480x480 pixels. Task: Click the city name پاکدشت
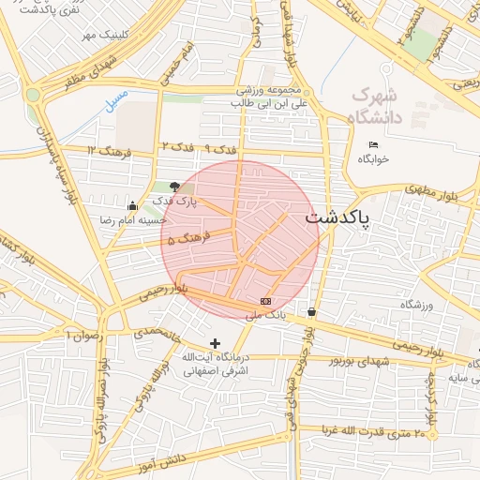point(337,217)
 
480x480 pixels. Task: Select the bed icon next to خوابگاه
point(374,144)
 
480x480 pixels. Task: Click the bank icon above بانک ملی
point(266,302)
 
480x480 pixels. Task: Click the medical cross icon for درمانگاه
point(216,344)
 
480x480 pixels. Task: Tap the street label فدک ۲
point(177,148)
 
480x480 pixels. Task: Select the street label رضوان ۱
point(81,334)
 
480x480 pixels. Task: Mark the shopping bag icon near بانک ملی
point(311,312)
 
